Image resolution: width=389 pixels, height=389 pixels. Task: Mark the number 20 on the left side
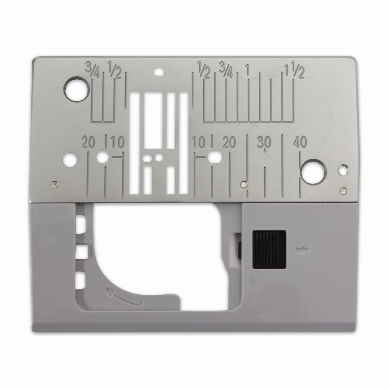[x=88, y=142]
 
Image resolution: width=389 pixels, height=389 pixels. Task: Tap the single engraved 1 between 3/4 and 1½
[x=248, y=71]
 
